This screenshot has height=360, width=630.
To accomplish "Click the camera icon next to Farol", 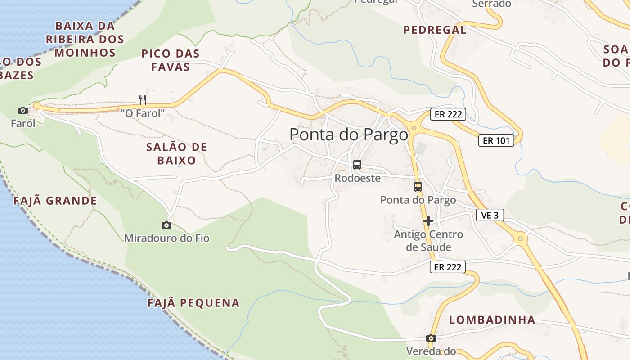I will tap(22, 110).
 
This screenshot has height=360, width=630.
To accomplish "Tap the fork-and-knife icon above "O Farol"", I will tap(143, 99).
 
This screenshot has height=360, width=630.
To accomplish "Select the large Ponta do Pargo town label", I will tap(349, 135).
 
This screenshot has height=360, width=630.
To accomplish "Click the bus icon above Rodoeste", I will tap(357, 165).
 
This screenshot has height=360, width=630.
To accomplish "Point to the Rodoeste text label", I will tap(357, 178).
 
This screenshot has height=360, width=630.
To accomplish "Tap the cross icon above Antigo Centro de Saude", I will tap(428, 221).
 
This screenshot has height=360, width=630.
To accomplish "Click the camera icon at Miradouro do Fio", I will tap(166, 225).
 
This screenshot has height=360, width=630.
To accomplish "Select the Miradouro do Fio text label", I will tap(166, 238).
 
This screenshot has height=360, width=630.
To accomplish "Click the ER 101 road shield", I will tap(496, 140).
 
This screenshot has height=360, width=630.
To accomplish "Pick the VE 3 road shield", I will tap(490, 215).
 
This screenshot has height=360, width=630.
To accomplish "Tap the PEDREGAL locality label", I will tap(435, 30).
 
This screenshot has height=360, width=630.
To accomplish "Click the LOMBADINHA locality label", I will tap(492, 320).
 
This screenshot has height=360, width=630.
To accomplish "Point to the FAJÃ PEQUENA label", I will tap(193, 303).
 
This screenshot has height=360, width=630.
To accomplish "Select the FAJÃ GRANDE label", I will tap(55, 201).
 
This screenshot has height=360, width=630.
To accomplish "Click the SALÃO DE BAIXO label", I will tap(176, 153).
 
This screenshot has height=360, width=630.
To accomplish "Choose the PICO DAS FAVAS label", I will tap(170, 60).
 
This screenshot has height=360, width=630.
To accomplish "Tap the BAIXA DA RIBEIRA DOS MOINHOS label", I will tap(85, 39).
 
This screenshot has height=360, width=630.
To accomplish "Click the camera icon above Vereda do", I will tap(431, 338).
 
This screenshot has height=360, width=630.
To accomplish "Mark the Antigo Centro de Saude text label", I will tap(428, 241).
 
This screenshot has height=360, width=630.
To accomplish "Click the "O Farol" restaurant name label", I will tap(143, 113).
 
